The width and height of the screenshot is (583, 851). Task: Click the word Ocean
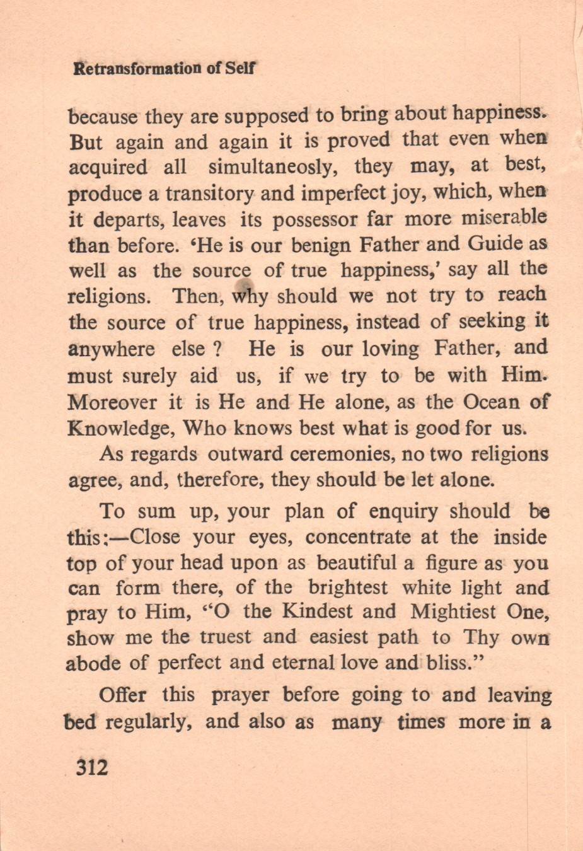[x=490, y=401]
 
